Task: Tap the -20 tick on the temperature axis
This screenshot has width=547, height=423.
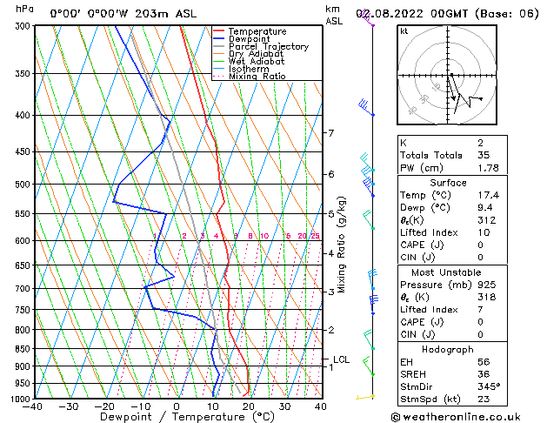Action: pos(103,406)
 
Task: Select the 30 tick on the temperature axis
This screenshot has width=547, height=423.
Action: pos(284,406)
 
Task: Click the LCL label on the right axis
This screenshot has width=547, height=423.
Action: pos(341,359)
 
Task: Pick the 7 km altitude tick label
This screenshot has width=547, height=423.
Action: pos(331,133)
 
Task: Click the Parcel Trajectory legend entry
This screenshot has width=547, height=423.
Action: pos(268,46)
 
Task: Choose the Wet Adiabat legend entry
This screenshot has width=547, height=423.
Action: pos(257,61)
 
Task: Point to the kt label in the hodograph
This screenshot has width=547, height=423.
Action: pos(404,31)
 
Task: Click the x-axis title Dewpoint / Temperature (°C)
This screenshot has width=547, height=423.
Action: pos(177,417)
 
